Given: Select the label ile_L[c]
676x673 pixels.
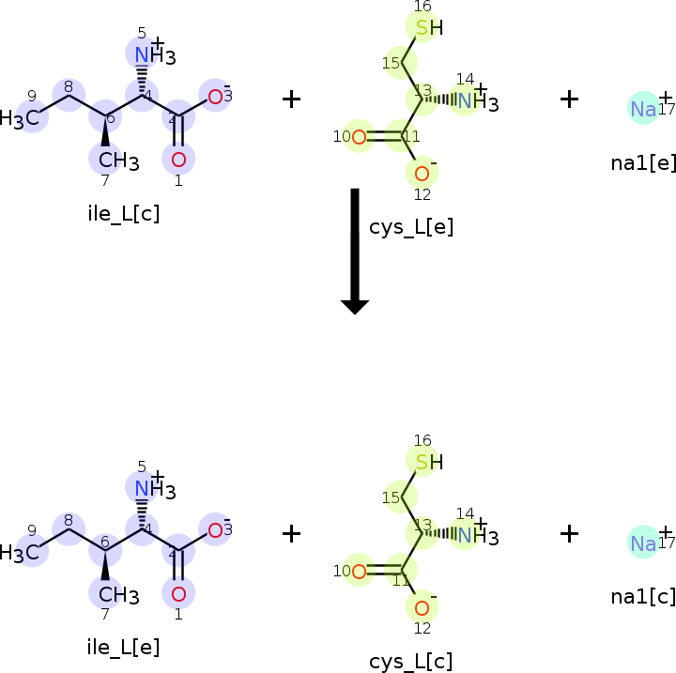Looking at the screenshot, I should (x=123, y=213).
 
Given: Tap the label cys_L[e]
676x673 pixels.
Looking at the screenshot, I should (x=410, y=227).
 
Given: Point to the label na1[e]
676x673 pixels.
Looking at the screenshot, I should (x=643, y=162).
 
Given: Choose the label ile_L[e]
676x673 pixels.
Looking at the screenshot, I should (x=123, y=646).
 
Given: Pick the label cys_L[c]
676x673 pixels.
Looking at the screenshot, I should (x=410, y=661).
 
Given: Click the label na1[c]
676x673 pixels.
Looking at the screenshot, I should (x=643, y=597).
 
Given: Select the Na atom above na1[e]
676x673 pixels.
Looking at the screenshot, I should (x=643, y=109).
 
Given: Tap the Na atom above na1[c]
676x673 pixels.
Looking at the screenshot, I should (x=643, y=543).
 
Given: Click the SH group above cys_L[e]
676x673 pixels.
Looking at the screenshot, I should (x=427, y=27).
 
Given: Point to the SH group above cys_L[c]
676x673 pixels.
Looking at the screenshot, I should (x=427, y=461).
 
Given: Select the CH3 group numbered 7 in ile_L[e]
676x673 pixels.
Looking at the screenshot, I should (x=117, y=595).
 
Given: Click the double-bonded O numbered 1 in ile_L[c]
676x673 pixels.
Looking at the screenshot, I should (x=178, y=160).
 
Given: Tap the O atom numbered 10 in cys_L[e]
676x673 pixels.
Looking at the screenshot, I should (x=359, y=137).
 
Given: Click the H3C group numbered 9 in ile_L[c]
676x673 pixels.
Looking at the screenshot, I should (x=21, y=118).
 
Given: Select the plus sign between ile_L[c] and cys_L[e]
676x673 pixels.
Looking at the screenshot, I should (x=292, y=99).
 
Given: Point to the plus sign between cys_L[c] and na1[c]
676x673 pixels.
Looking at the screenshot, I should (x=569, y=533).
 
